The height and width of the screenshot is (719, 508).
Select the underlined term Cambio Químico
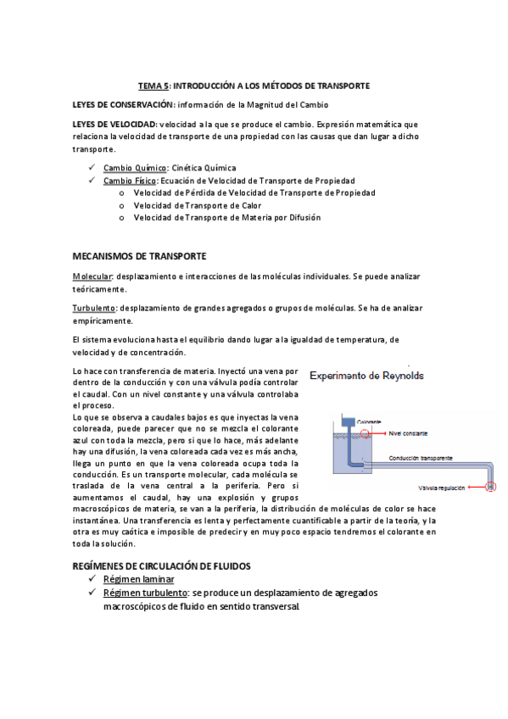click(135, 168)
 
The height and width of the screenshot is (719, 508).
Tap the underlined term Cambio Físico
click(131, 181)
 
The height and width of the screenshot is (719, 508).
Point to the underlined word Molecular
click(92, 277)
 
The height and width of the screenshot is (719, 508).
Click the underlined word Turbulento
click(93, 309)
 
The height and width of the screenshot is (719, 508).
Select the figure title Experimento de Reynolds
click(367, 375)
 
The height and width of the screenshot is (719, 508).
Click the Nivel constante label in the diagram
click(408, 432)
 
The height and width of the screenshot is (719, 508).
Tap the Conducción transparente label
click(421, 456)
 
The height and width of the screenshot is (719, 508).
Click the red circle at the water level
click(365, 433)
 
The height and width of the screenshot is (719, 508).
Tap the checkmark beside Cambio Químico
click(91, 168)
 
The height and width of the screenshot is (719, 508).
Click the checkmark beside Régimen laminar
click(91, 579)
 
